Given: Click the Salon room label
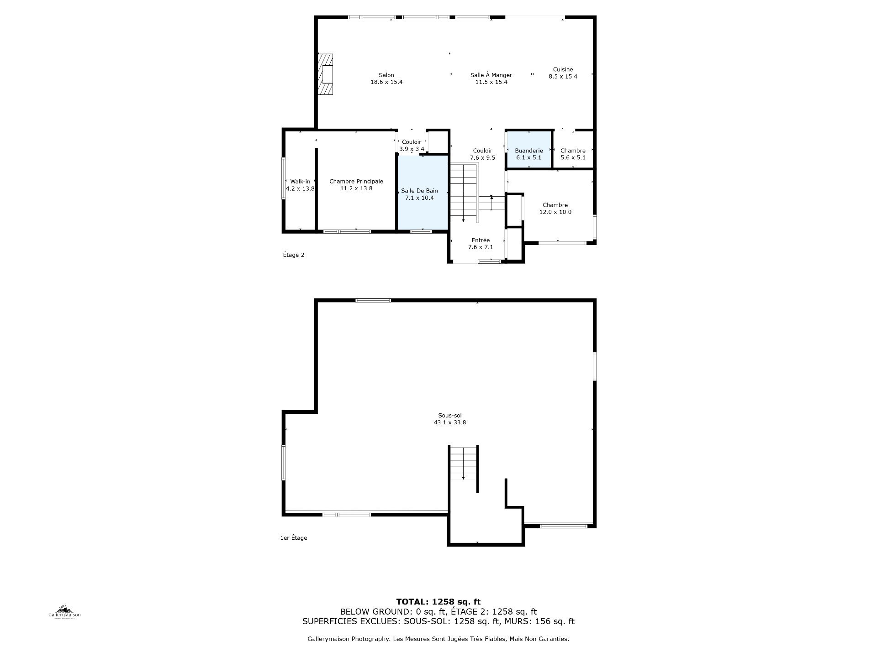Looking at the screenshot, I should [x=386, y=78].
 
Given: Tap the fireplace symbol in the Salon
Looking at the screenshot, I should [x=326, y=74].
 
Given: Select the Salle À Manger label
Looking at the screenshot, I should [x=491, y=78].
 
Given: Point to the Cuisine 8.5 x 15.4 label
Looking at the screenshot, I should [x=563, y=73].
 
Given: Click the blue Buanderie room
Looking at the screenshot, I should [x=528, y=150].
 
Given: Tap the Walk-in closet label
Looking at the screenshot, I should [x=300, y=185].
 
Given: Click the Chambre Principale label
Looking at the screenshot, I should [x=356, y=185].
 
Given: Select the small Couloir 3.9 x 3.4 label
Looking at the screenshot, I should [x=412, y=146].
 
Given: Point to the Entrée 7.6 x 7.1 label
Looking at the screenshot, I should [x=481, y=244].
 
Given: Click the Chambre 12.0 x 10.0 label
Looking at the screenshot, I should [x=555, y=209].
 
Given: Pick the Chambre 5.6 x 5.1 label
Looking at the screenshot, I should [x=573, y=154].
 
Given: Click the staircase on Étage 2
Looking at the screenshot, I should [x=464, y=193].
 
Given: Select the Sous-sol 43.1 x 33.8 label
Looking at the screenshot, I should [x=450, y=419].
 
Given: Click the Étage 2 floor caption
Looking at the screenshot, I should [x=293, y=255].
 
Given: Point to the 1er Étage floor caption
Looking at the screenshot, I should [x=294, y=538].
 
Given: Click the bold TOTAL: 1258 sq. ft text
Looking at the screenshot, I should [x=438, y=602].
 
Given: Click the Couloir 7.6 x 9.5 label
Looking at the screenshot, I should [x=482, y=154].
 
